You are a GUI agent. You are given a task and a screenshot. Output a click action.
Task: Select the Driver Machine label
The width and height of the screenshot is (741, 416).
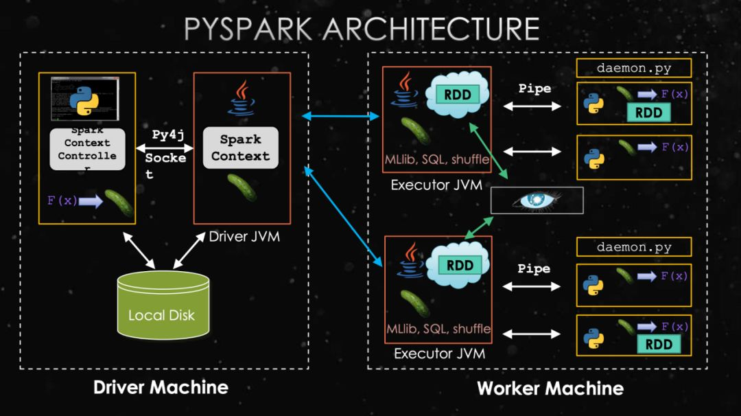coord(161,387)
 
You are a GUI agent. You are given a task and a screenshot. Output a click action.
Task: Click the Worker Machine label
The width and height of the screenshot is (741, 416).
coord(550,389)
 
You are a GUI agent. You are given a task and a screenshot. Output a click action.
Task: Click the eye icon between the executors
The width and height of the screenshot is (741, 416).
coord(537,200)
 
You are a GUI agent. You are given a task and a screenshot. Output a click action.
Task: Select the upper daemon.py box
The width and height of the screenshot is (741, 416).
coord(633,68)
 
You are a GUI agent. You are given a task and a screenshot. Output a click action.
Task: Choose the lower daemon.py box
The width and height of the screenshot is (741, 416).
coord(633,247)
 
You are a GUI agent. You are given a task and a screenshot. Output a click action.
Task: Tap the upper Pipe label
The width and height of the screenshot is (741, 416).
coord(534,89)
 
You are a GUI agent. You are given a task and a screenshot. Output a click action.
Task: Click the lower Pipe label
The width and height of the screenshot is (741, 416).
coord(534,268)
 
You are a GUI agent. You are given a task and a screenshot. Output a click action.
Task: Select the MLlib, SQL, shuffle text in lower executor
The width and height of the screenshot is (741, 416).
coord(438,328)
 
